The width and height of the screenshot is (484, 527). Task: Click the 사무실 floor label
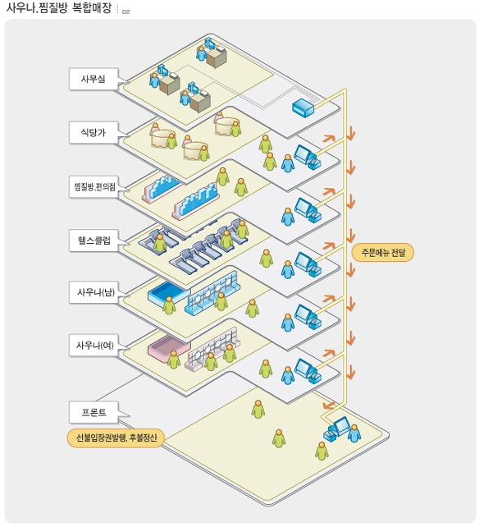pos(94,79)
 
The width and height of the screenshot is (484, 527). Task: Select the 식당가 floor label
pos(94,132)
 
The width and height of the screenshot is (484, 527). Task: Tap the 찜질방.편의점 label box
pos(94,186)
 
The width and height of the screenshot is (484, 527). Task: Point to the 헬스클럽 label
pos(94,240)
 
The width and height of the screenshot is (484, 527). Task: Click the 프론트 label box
pos(94,412)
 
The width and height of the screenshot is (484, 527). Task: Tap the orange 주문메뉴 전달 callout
pos(382,252)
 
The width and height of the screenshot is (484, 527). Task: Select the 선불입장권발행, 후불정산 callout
pos(116,438)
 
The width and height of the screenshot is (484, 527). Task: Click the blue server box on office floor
pos(303,108)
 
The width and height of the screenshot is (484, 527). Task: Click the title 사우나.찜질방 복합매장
pos(59,7)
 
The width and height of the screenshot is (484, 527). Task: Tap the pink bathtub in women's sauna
pos(169,347)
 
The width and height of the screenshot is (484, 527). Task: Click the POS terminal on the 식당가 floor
pos(308,156)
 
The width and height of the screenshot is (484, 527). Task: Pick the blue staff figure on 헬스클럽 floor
pos(288,269)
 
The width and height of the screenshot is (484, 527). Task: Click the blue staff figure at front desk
pos(354,433)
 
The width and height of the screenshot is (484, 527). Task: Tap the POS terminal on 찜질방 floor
pos(308,209)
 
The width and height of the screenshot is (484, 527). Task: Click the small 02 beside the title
pos(126,11)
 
